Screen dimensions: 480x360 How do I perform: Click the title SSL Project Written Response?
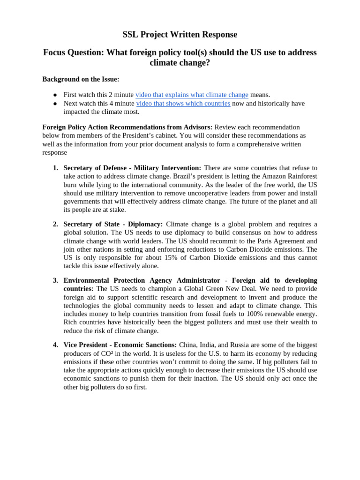pyautogui.click(x=180, y=34)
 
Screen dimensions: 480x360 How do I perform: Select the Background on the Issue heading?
pyautogui.click(x=81, y=79)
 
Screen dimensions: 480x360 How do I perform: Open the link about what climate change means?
pyautogui.click(x=192, y=95)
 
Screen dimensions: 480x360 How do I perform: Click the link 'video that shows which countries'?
pyautogui.click(x=183, y=103)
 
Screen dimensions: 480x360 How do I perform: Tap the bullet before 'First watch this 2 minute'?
pyautogui.click(x=55, y=95)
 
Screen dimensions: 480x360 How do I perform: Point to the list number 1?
pyautogui.click(x=55, y=168)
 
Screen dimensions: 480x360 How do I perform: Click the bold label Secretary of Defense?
pyautogui.click(x=96, y=168)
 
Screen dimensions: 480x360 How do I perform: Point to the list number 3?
pyautogui.click(x=55, y=280)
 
